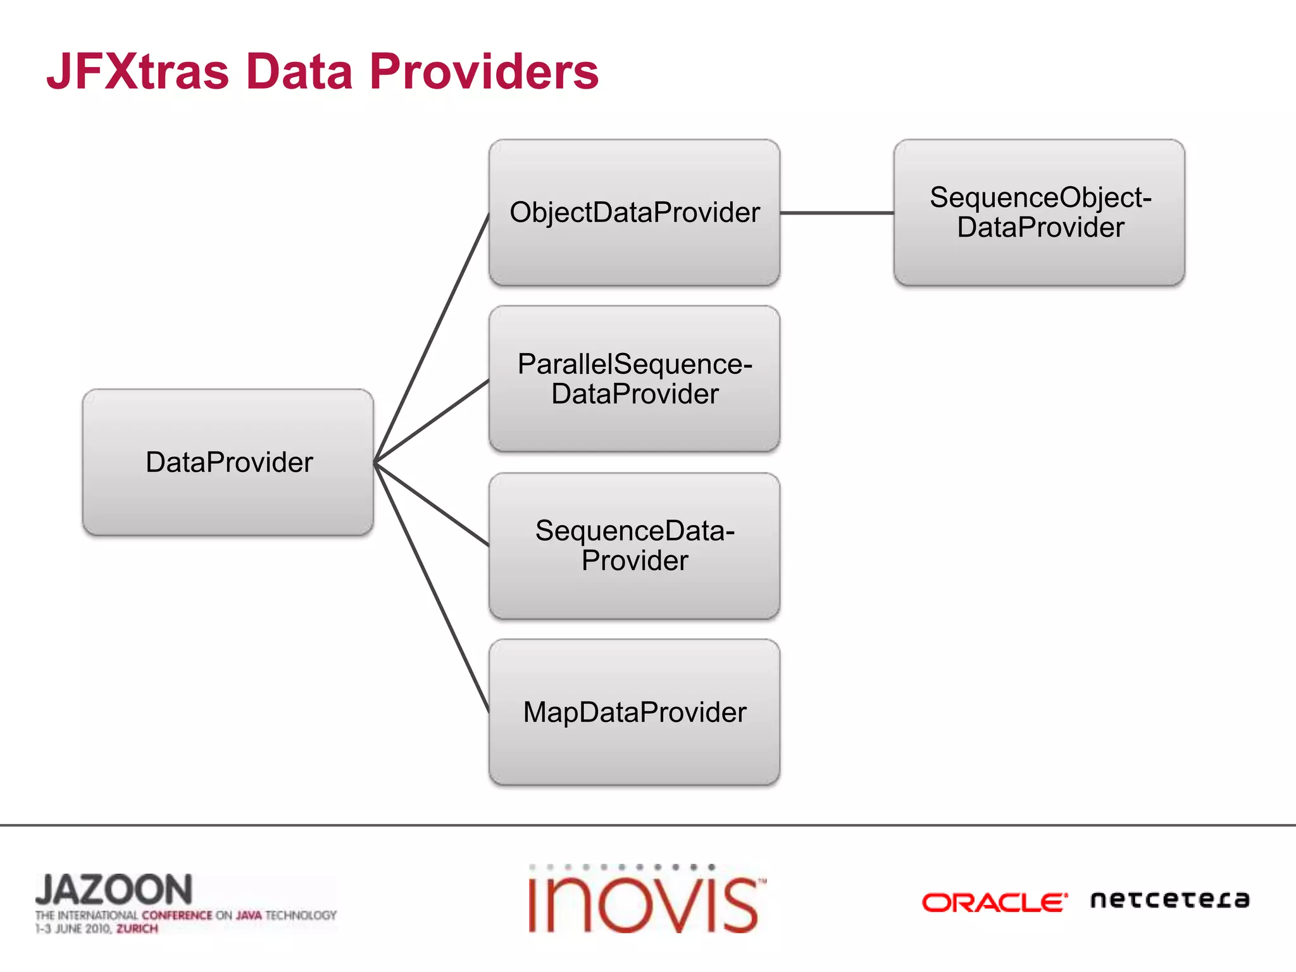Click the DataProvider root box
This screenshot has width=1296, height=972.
pyautogui.click(x=228, y=462)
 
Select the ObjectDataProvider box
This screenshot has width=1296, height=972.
pyautogui.click(x=634, y=213)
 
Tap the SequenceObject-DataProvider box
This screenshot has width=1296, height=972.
pyautogui.click(x=1039, y=213)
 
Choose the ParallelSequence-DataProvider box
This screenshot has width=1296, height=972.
pyautogui.click(x=634, y=378)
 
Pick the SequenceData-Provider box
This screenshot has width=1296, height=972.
pyautogui.click(x=634, y=545)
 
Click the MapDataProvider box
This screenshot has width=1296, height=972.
pyautogui.click(x=634, y=712)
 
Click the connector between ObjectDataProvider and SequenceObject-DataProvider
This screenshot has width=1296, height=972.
pyautogui.click(x=837, y=213)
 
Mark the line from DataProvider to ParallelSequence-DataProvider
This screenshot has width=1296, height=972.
pyautogui.click(x=432, y=421)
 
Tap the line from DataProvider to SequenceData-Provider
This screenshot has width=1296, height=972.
pyautogui.click(x=432, y=504)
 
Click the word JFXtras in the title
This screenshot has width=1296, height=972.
pyautogui.click(x=137, y=72)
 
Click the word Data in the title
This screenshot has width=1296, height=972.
pyautogui.click(x=299, y=72)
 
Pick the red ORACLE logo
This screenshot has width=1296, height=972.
pyautogui.click(x=994, y=902)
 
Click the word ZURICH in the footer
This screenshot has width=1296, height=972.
pyautogui.click(x=137, y=929)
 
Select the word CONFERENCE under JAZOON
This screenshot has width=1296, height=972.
pyautogui.click(x=177, y=915)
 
